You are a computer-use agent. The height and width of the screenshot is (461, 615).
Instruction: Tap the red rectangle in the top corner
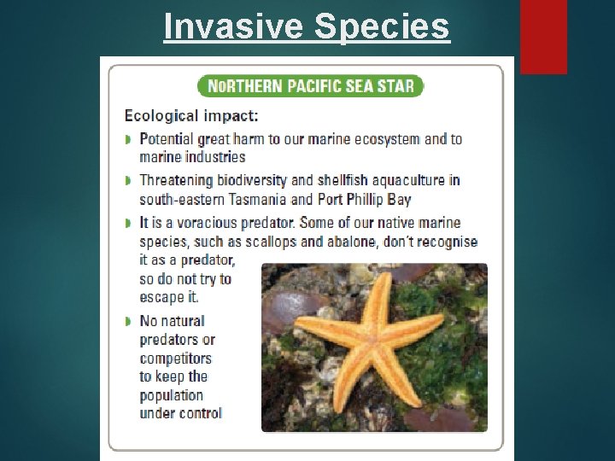543,36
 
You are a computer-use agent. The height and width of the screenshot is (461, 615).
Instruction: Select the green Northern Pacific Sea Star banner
310,86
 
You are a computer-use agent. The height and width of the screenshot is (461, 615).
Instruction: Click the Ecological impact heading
192,114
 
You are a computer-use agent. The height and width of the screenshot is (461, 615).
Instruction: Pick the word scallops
269,241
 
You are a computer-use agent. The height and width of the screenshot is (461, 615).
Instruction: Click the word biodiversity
253,180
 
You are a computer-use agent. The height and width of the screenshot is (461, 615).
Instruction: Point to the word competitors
175,359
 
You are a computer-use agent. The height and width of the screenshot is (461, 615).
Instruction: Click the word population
172,395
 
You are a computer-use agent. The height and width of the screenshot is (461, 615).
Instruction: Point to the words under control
180,413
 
